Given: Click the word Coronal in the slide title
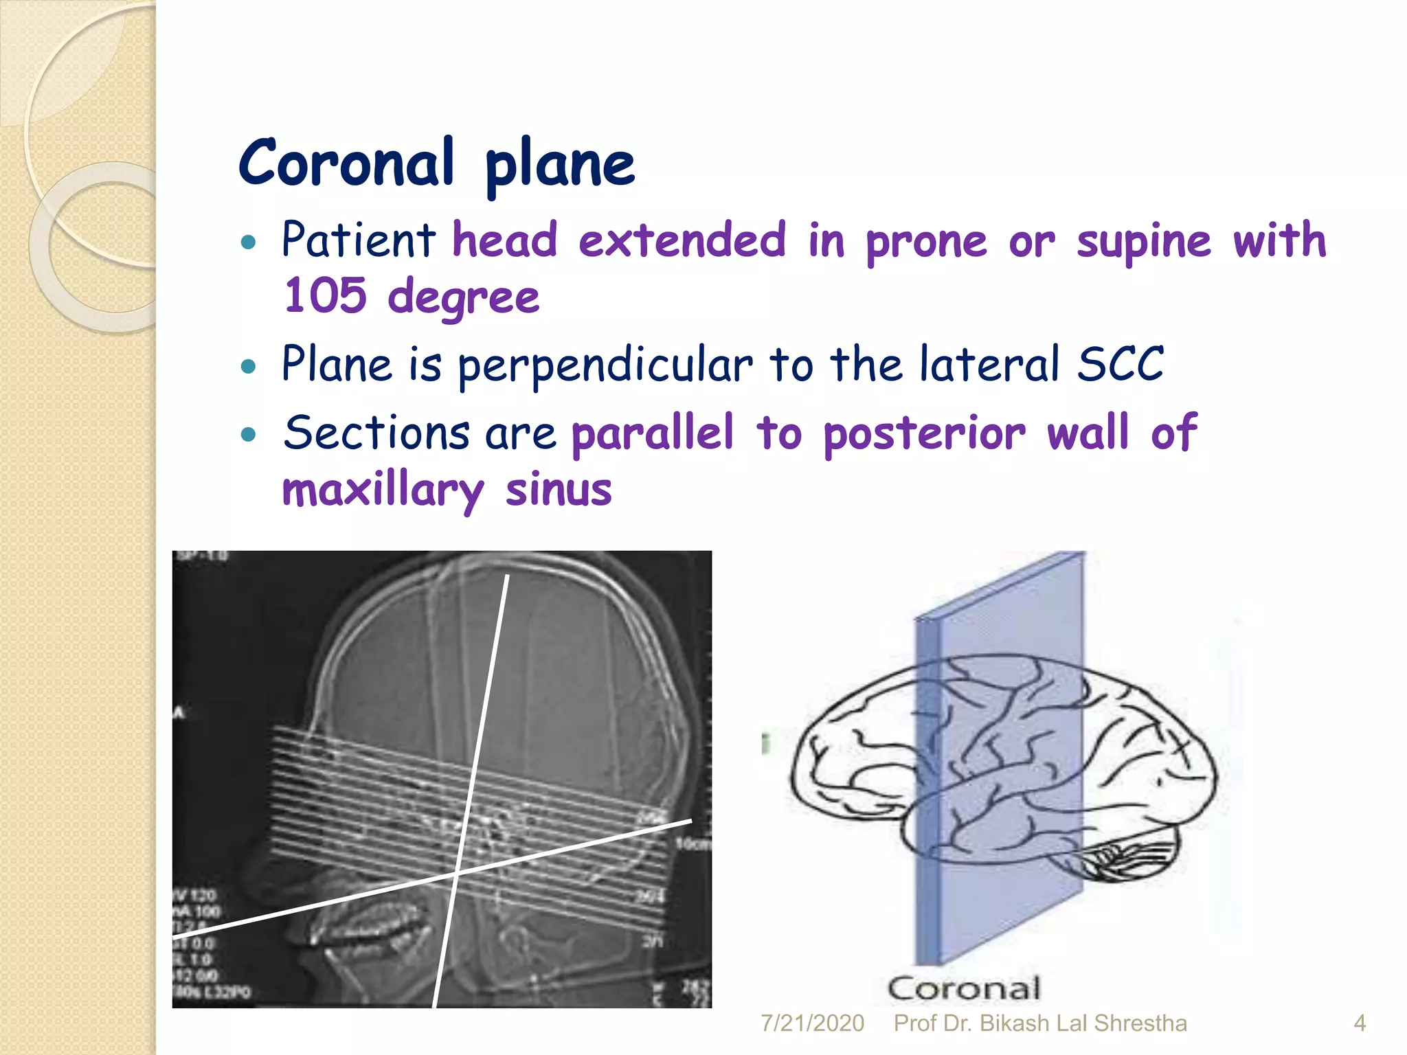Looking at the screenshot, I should pyautogui.click(x=346, y=163).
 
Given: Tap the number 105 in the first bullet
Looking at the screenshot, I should pyautogui.click(x=326, y=295).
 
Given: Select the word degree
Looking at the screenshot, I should pyautogui.click(x=464, y=298).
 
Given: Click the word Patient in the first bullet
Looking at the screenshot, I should pyautogui.click(x=358, y=240).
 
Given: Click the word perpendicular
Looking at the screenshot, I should pyautogui.click(x=605, y=365).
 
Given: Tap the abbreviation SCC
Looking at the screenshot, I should pyautogui.click(x=1120, y=363).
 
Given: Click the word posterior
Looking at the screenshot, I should pyautogui.click(x=924, y=434).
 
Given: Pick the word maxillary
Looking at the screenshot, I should pyautogui.click(x=383, y=490).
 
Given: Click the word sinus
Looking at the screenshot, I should pyautogui.click(x=558, y=490).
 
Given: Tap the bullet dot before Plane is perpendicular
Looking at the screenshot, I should pyautogui.click(x=249, y=365).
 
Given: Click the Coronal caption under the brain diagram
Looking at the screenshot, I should pyautogui.click(x=964, y=989).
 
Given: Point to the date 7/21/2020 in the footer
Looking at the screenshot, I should pyautogui.click(x=812, y=1023).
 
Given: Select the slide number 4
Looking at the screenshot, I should pyautogui.click(x=1359, y=1023).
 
